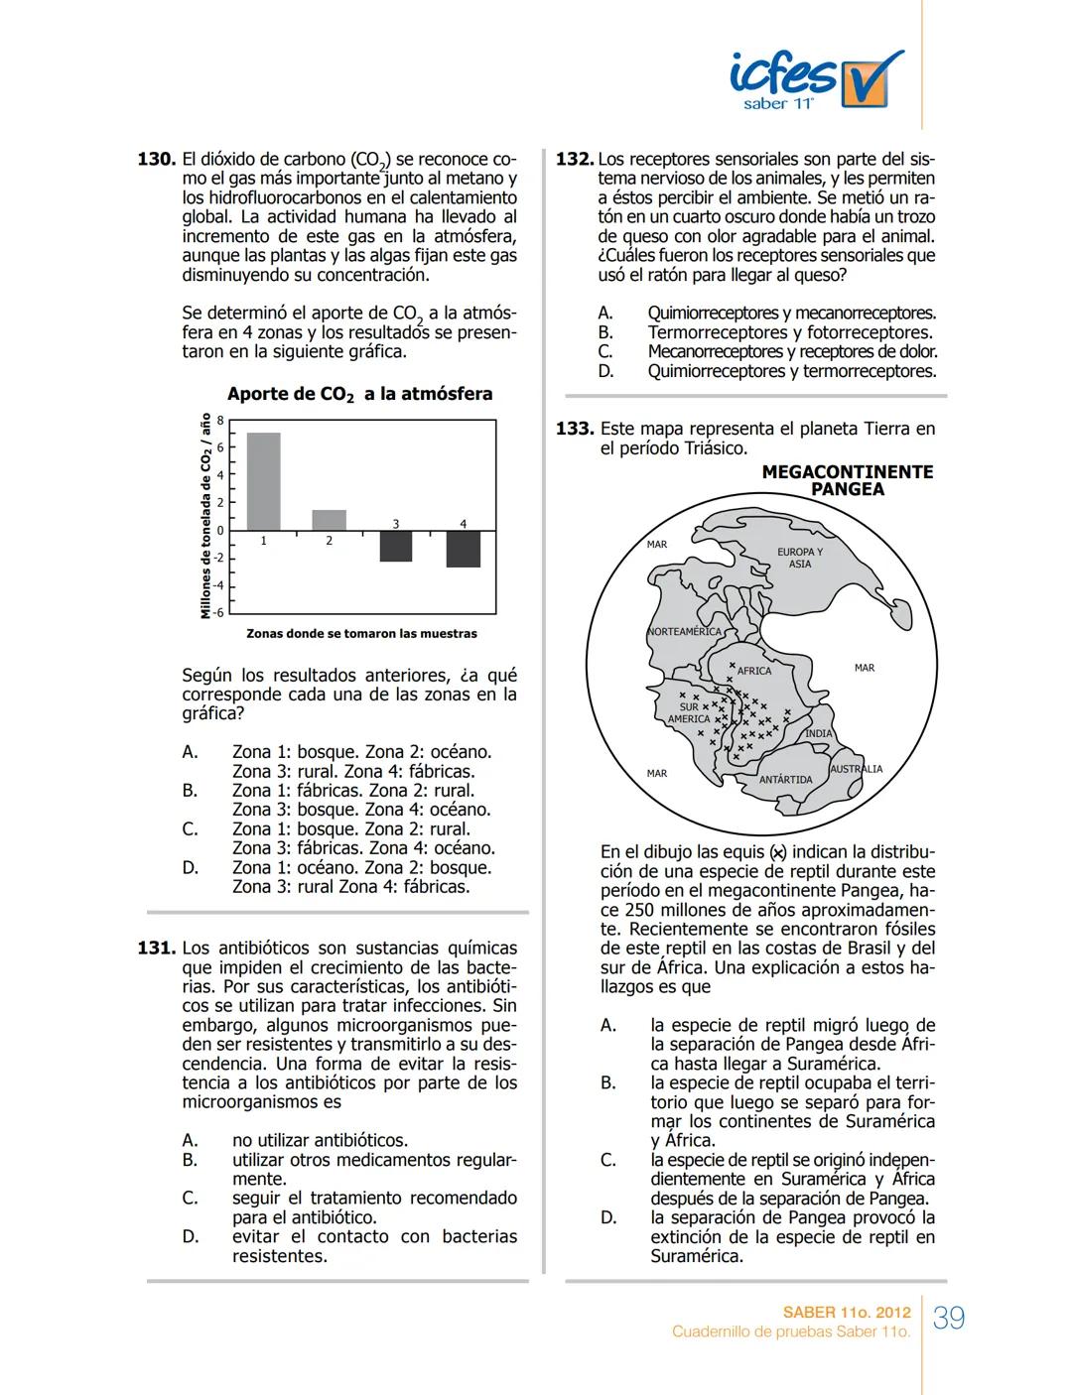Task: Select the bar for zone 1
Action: (x=263, y=481)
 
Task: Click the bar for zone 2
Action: (x=330, y=520)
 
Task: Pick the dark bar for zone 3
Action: (x=395, y=546)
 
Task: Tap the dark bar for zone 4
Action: (x=463, y=549)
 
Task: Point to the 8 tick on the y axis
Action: (x=220, y=421)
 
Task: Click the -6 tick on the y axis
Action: (x=219, y=612)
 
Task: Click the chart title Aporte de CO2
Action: (x=359, y=394)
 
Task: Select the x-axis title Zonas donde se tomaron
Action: (x=361, y=633)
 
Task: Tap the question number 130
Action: (x=156, y=159)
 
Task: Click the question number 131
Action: (x=156, y=949)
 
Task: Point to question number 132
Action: (x=575, y=159)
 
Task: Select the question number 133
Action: (x=575, y=430)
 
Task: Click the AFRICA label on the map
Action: (x=754, y=671)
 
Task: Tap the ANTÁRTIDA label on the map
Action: (x=785, y=780)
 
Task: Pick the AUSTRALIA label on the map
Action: (x=856, y=769)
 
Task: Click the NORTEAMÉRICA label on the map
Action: (x=684, y=632)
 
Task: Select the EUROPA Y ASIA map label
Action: (x=799, y=558)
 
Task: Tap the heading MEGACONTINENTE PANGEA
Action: (x=847, y=480)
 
